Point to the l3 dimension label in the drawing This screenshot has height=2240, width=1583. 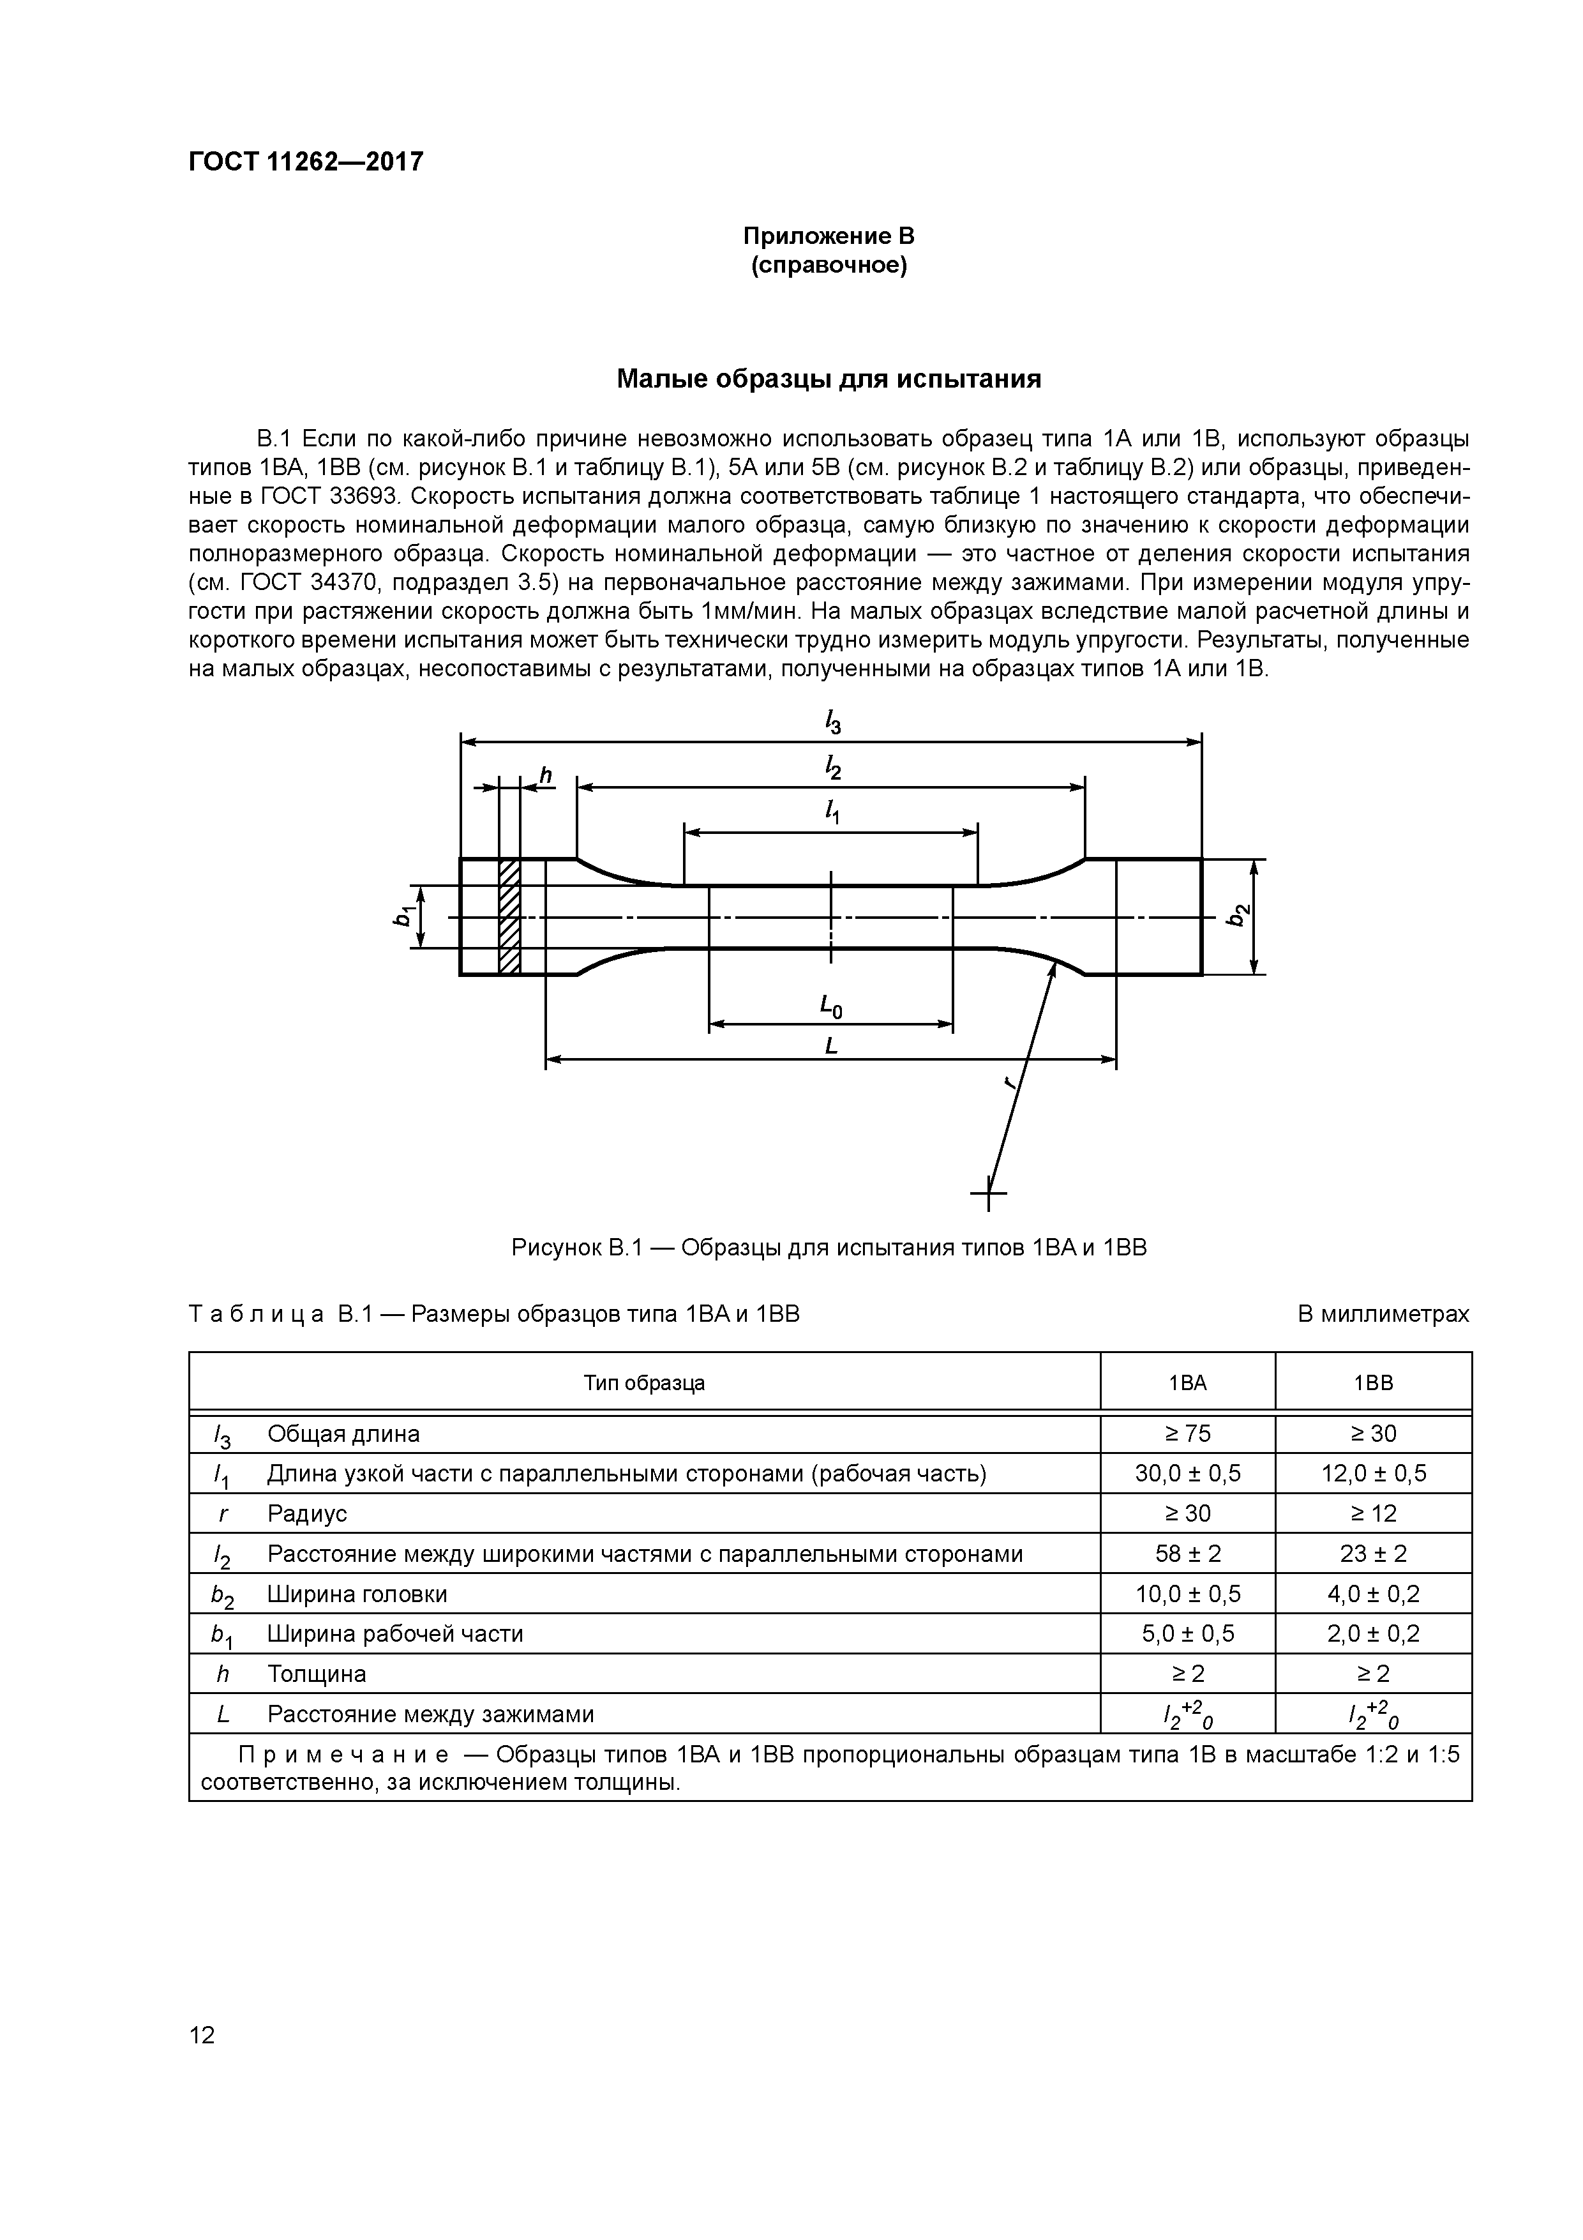point(832,722)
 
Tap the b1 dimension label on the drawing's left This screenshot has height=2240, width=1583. point(402,916)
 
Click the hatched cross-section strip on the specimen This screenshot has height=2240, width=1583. point(509,916)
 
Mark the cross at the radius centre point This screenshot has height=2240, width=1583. point(988,1192)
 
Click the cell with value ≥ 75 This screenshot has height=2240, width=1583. point(1187,1433)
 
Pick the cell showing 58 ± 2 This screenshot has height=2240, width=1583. point(1187,1553)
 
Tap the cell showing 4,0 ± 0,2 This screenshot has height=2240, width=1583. point(1372,1594)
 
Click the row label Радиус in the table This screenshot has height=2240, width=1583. point(307,1513)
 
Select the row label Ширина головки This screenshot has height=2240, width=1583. point(357,1594)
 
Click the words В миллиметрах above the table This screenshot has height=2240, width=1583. point(1382,1314)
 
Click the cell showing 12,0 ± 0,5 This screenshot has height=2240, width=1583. point(1372,1473)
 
